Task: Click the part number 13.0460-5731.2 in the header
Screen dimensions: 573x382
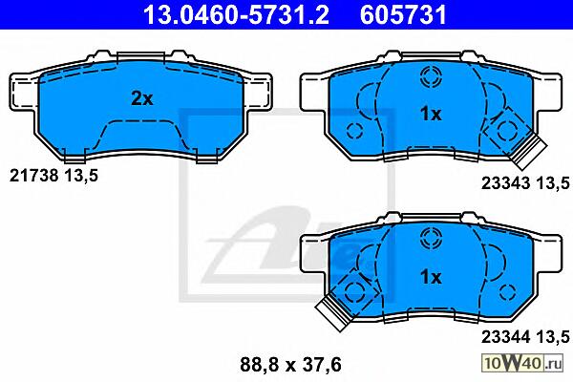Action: pyautogui.click(x=237, y=14)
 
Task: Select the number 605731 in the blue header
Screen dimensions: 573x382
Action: pyautogui.click(x=403, y=14)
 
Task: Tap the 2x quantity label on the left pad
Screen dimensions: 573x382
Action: pyautogui.click(x=142, y=98)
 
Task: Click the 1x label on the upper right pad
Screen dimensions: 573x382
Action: pyautogui.click(x=431, y=114)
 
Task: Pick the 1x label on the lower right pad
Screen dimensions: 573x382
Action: pyautogui.click(x=431, y=277)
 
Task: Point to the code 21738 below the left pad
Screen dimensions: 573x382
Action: pyautogui.click(x=34, y=176)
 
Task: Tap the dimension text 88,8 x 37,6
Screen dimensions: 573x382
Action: pyautogui.click(x=290, y=365)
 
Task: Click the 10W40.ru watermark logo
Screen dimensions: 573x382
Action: pyautogui.click(x=522, y=363)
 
